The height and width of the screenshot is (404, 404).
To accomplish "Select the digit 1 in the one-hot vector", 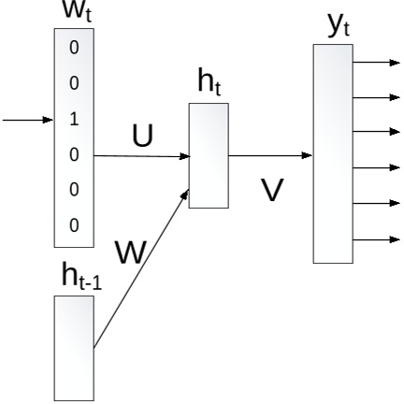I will tap(74, 120).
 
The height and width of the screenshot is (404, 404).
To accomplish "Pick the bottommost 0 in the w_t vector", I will tap(74, 224).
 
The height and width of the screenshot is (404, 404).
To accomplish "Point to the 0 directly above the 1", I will tap(74, 84).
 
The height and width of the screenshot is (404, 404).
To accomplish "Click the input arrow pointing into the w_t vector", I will tap(26, 120).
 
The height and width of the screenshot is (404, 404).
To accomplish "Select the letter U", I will tap(141, 137).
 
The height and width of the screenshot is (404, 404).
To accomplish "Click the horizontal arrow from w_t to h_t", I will tap(140, 156).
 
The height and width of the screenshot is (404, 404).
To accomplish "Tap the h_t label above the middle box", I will tap(209, 83).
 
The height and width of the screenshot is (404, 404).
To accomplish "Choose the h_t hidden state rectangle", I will tap(208, 155).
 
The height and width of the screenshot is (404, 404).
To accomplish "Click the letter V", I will tap(271, 190).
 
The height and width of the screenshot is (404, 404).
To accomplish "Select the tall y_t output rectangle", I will tap(333, 152).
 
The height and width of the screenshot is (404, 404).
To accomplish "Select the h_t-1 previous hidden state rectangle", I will tap(74, 348).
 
